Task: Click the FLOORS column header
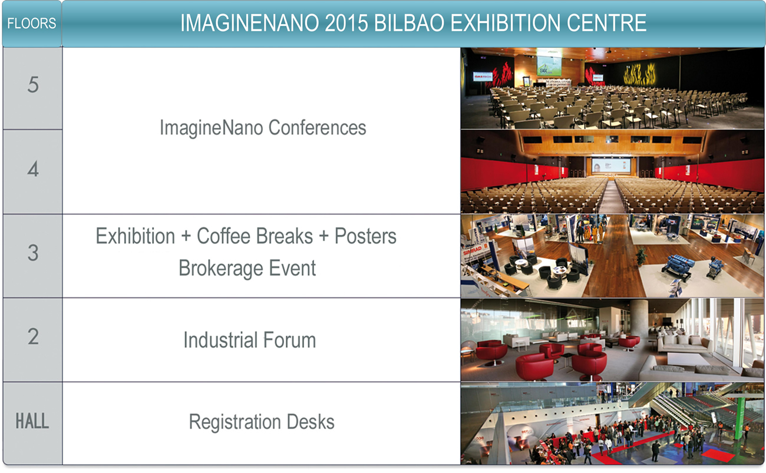point(31,23)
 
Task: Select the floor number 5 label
point(33,85)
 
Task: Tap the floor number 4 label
point(33,169)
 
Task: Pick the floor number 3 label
point(33,253)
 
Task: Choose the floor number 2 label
point(33,336)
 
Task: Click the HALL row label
point(32,421)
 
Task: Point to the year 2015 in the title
point(346,23)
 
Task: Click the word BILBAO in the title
point(409,23)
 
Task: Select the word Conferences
point(317,127)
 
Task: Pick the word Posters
point(365,236)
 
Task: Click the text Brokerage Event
point(247,267)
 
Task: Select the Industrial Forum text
point(250,340)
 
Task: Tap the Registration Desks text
point(262,422)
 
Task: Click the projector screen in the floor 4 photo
point(612,166)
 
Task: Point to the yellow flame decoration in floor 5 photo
point(639,74)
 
